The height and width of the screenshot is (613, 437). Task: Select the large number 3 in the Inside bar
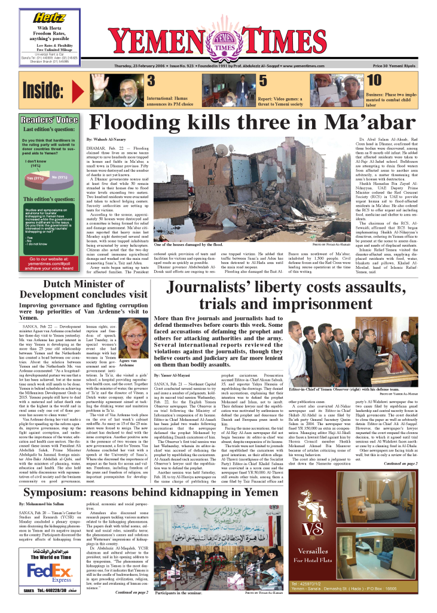point(151,81)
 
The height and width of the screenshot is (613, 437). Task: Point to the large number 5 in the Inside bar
point(263,81)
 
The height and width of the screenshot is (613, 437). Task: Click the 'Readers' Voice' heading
point(50,119)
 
